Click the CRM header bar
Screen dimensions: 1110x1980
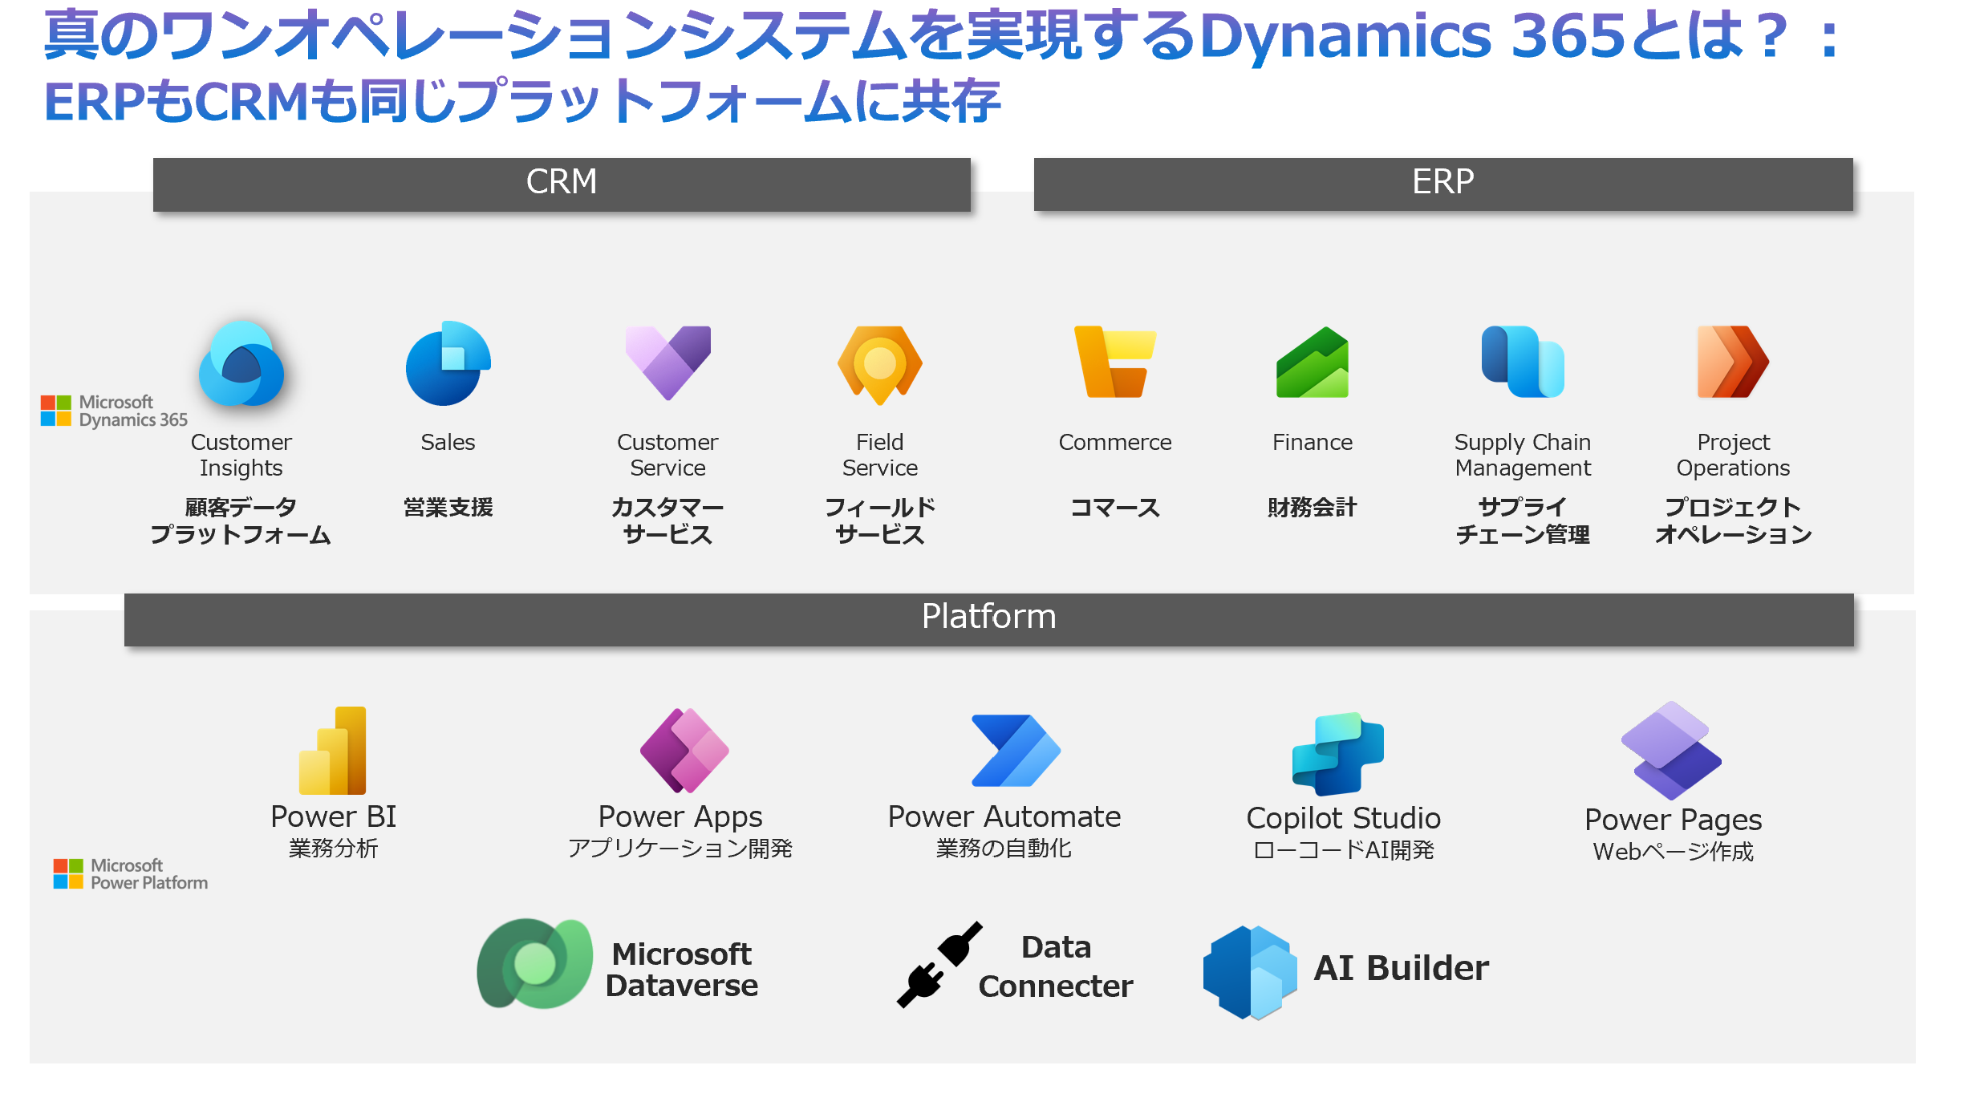click(562, 184)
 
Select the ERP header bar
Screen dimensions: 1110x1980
click(1442, 184)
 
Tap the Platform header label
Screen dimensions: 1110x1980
click(988, 618)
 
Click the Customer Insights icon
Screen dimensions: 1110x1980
click(241, 364)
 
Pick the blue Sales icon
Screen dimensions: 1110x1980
click(448, 363)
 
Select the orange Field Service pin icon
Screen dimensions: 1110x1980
click(879, 364)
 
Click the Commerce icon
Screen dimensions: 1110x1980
click(1114, 362)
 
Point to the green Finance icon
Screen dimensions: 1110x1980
click(1313, 363)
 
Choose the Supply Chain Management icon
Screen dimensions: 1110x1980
click(1522, 362)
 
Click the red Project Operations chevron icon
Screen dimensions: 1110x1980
click(1733, 362)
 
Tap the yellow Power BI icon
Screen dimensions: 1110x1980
click(333, 751)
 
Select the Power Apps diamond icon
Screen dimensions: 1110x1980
click(684, 751)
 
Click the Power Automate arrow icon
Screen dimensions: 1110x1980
click(1015, 751)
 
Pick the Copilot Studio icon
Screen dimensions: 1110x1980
click(1337, 754)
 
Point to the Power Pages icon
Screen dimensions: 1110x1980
click(1671, 751)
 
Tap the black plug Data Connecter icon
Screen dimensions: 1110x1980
click(939, 965)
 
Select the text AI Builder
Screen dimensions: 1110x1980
click(1401, 968)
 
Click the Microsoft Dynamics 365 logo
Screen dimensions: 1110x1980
click(114, 411)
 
